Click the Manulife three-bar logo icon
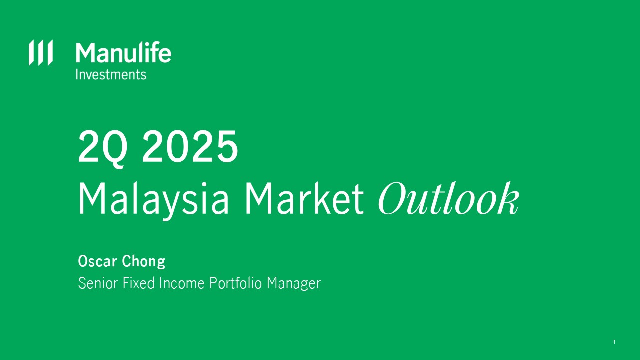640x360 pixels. click(41, 53)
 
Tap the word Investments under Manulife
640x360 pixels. click(111, 75)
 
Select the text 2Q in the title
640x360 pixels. click(102, 149)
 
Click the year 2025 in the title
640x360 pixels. click(190, 146)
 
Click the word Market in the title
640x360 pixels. click(304, 198)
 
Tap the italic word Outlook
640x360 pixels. click(449, 198)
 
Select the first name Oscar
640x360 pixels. click(97, 261)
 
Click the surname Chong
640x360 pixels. click(143, 262)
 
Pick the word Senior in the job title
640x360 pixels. click(98, 283)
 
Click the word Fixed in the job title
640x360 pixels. click(139, 283)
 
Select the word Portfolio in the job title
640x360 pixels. click(235, 283)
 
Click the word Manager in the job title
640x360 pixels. click(294, 284)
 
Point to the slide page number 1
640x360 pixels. click(614, 342)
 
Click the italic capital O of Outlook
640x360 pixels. click(397, 198)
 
